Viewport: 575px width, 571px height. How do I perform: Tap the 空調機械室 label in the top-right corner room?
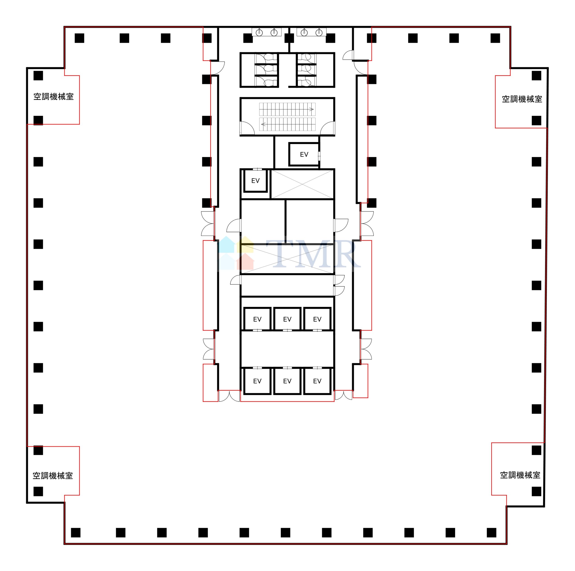(522, 99)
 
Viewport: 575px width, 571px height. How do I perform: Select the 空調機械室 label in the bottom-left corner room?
(53, 476)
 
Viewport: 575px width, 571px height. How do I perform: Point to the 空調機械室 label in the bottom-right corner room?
(520, 475)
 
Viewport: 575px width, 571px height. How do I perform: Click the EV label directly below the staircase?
(304, 154)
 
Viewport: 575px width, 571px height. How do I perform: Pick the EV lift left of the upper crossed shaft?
(255, 180)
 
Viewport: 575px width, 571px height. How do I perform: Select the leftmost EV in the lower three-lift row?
(257, 381)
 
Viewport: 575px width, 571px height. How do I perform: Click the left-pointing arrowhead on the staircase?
(263, 124)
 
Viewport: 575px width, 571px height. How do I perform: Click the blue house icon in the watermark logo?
(226, 244)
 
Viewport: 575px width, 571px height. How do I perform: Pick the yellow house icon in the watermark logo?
(245, 244)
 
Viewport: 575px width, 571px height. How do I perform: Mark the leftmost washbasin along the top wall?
(259, 32)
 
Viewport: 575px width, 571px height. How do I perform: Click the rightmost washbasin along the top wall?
(319, 32)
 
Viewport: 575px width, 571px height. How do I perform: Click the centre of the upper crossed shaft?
(302, 184)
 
